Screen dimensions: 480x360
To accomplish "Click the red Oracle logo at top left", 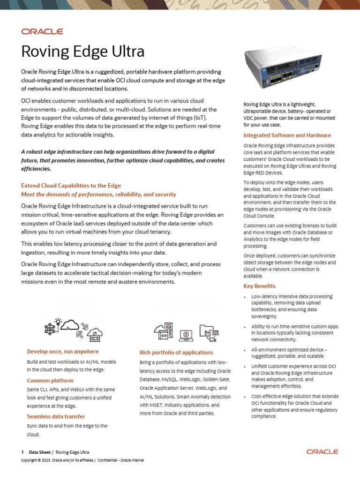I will pos(42,31).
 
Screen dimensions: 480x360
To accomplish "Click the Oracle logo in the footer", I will pos(322,451).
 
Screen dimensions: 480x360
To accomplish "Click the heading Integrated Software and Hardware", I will pos(287,135).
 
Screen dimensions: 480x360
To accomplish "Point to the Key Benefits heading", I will pos(259,286).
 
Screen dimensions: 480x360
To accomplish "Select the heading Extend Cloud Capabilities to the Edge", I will pos(71,186).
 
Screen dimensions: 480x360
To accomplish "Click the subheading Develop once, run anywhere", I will pos(63,352).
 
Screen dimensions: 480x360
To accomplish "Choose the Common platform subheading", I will pos(50,381).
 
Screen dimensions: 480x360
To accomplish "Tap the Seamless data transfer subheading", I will pos(56,416).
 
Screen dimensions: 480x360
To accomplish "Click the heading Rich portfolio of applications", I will pos(176,352).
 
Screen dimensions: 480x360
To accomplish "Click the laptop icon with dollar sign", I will pos(187,334).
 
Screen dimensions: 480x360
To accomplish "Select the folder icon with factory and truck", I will pos(209,332).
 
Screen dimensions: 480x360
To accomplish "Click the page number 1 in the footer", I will pos(22,452).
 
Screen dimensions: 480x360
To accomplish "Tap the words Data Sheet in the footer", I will pos(39,452).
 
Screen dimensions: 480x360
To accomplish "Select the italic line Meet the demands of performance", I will pos(98,194).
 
